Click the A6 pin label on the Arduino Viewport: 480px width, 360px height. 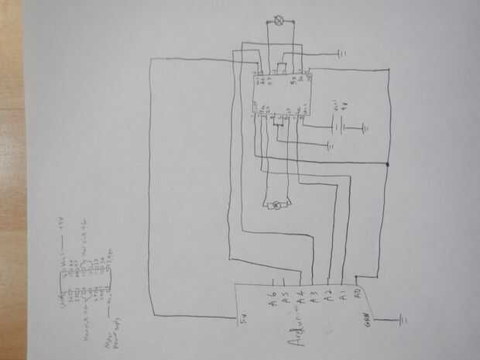273,295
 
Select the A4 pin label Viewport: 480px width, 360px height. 300,297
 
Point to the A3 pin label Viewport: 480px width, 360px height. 314,296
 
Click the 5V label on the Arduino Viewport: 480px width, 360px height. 242,323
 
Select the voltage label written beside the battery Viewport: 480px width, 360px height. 333,106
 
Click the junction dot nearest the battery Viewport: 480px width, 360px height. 386,166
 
